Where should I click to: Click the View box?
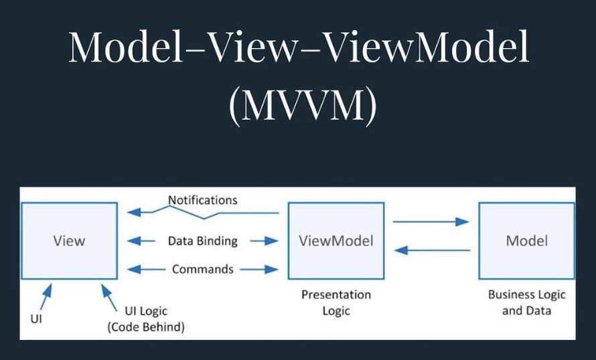[69, 241]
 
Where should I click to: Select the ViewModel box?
[336, 241]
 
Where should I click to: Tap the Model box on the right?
[526, 241]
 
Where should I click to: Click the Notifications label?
[202, 200]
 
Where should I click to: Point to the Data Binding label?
[202, 241]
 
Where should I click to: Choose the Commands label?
[202, 269]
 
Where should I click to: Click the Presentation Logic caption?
[336, 302]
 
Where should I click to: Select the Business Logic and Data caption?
[526, 302]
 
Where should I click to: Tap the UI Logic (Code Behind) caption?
[146, 319]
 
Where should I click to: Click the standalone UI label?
[36, 319]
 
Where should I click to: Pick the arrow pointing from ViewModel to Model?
[431, 221]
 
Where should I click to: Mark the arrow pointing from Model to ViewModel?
[431, 250]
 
